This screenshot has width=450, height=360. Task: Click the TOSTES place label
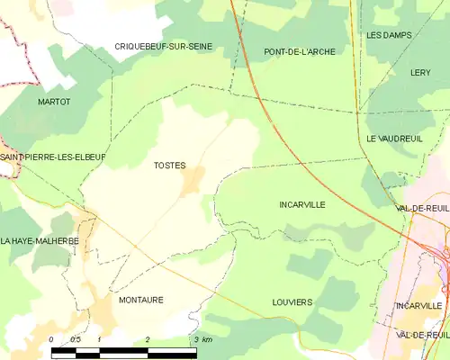pyautogui.click(x=169, y=166)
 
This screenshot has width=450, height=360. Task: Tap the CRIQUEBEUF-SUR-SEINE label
pyautogui.click(x=163, y=46)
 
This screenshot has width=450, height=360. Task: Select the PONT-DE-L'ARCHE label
pyautogui.click(x=300, y=52)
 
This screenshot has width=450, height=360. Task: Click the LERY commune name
pyautogui.click(x=420, y=72)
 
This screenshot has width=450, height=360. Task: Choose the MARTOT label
pyautogui.click(x=54, y=103)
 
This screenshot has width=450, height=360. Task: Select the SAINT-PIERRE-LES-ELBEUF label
pyautogui.click(x=40, y=157)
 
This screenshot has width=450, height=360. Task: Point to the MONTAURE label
pyautogui.click(x=140, y=300)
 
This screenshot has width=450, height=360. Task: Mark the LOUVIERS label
pyautogui.click(x=292, y=302)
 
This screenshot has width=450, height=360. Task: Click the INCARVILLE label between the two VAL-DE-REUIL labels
pyautogui.click(x=418, y=306)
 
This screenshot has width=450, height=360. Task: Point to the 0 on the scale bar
pyautogui.click(x=51, y=339)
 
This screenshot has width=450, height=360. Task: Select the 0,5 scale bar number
pyautogui.click(x=76, y=339)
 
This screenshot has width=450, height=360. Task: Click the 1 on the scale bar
pyautogui.click(x=99, y=339)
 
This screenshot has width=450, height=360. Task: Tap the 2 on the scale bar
pyautogui.click(x=147, y=339)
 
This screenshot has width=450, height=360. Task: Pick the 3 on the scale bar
pyautogui.click(x=195, y=339)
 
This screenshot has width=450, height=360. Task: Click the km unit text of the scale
pyautogui.click(x=207, y=339)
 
